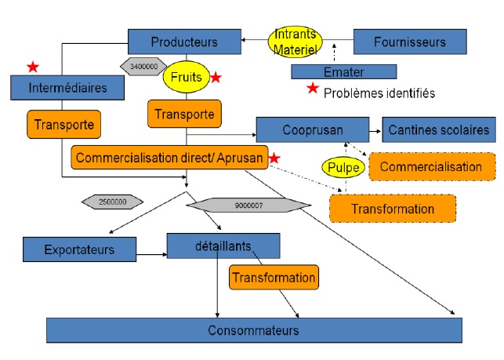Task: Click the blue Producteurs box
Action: pos(184,42)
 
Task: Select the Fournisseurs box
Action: pos(410,42)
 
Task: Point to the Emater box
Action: pos(339,72)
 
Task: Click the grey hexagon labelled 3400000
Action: pos(143,66)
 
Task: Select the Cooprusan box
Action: pos(313,129)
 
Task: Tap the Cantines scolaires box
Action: pos(440,129)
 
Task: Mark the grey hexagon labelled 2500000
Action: pos(113,202)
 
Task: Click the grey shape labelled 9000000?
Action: pos(247,206)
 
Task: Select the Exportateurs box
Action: pos(79,250)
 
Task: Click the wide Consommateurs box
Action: pos(253,330)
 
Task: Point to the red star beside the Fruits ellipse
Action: pos(216,78)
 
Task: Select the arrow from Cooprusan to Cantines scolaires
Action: pos(375,129)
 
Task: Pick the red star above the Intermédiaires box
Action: pos(32,67)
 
